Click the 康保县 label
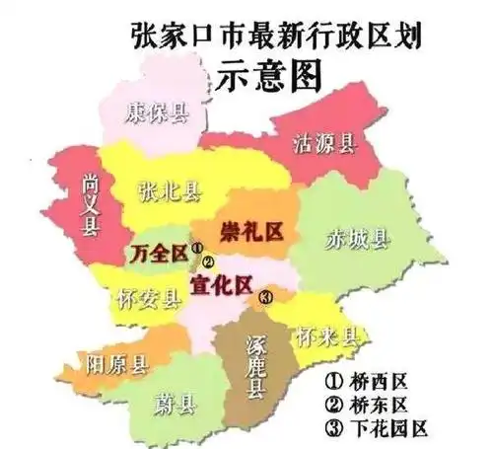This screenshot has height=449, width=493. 156,112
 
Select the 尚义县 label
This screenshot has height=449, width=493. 90,206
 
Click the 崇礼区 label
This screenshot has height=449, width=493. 251,232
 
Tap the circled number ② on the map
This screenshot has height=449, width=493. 207,263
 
